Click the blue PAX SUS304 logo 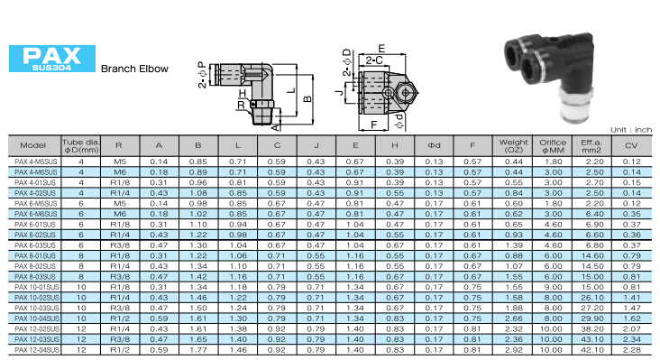(52, 59)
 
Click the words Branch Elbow (134, 69)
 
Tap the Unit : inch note (631, 130)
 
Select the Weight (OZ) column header (513, 145)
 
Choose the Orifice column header (552, 145)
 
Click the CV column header (631, 145)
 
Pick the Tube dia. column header (81, 145)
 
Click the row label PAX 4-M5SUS (35, 162)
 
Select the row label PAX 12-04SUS (37, 350)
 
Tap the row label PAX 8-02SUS (35, 266)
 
